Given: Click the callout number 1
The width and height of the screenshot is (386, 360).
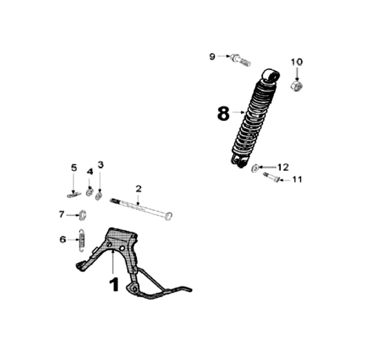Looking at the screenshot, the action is click(x=114, y=284).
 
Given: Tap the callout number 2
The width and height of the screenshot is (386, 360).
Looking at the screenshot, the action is click(x=138, y=189).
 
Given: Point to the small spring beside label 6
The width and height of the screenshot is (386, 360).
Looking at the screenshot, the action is click(x=81, y=239).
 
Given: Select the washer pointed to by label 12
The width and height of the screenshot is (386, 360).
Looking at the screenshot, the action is click(x=255, y=169).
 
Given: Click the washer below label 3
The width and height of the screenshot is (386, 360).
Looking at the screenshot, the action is click(x=99, y=196).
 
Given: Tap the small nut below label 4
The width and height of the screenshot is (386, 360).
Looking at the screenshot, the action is click(x=89, y=192).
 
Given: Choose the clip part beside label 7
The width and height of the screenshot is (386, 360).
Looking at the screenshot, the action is click(x=83, y=215).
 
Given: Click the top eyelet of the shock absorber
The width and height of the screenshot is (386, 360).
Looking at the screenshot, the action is click(x=271, y=75).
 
